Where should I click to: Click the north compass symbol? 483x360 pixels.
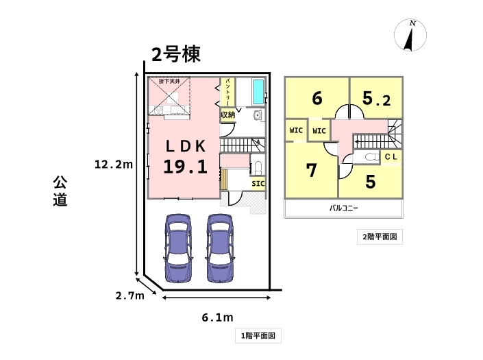(411, 36)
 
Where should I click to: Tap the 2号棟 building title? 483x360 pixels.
(175, 54)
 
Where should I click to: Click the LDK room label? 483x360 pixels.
(184, 146)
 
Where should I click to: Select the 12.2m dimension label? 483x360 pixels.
(114, 164)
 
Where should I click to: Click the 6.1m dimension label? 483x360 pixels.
(217, 317)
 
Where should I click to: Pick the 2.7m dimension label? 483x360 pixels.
(129, 296)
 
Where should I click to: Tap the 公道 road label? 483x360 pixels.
(60, 191)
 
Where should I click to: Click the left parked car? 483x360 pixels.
(178, 249)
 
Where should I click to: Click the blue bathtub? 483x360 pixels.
(258, 90)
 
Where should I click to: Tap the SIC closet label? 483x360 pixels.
(258, 184)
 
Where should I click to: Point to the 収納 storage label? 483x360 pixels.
(228, 115)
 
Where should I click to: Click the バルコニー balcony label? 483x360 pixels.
(344, 207)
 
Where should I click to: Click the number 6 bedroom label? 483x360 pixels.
(317, 99)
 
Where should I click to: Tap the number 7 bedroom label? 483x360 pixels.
(312, 170)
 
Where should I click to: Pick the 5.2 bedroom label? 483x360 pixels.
(376, 99)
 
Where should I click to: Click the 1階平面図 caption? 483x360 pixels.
(258, 336)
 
